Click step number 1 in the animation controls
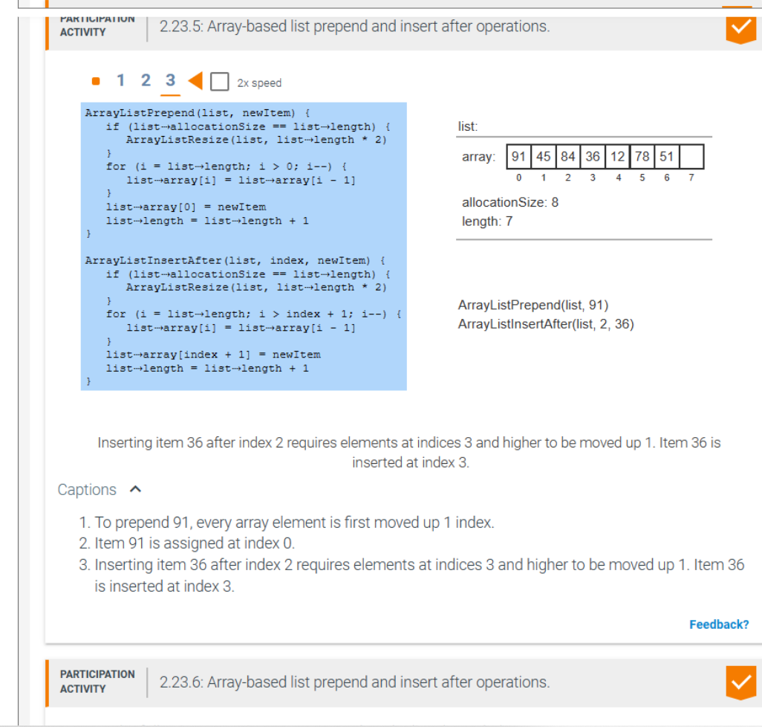(x=121, y=80)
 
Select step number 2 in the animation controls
(x=146, y=80)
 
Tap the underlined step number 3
(x=170, y=80)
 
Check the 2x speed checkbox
(x=219, y=81)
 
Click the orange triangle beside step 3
(x=195, y=80)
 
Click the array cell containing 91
(x=518, y=157)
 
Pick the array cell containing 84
(x=568, y=157)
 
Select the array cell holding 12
(x=617, y=157)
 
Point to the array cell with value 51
(x=666, y=157)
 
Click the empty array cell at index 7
(x=691, y=157)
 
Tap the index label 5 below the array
(x=642, y=178)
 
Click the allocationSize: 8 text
(x=509, y=202)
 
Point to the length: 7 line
(x=486, y=222)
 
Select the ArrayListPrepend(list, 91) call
(x=533, y=306)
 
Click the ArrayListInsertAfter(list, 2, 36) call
(x=546, y=324)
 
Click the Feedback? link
(x=718, y=624)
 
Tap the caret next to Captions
(x=134, y=490)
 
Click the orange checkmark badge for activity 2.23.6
(x=739, y=682)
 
